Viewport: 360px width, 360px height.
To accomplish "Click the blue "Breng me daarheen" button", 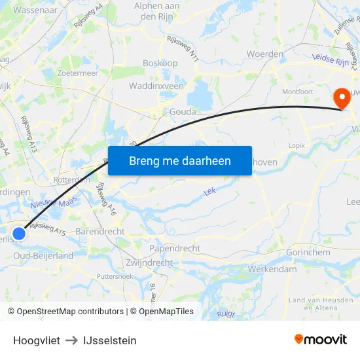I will [x=179, y=160].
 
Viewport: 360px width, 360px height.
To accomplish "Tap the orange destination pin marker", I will [x=341, y=98].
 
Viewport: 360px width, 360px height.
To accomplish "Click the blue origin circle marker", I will [x=20, y=233].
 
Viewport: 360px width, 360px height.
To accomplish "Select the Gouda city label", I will [x=183, y=112].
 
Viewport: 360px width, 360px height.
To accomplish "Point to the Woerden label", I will [x=264, y=54].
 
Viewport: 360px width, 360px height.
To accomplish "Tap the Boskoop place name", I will [x=160, y=64].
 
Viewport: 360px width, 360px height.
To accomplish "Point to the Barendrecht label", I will [x=100, y=232].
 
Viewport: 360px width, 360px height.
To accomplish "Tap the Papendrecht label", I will [x=175, y=249].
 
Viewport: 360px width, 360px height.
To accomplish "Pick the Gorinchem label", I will [x=309, y=253].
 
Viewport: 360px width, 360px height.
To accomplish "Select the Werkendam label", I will [x=272, y=269].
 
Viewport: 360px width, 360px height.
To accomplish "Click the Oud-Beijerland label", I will [x=43, y=256].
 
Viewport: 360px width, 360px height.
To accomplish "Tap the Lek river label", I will [x=210, y=192].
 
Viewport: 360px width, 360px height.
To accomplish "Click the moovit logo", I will [x=320, y=339].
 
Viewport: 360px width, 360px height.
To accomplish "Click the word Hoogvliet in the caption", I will [x=37, y=340].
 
